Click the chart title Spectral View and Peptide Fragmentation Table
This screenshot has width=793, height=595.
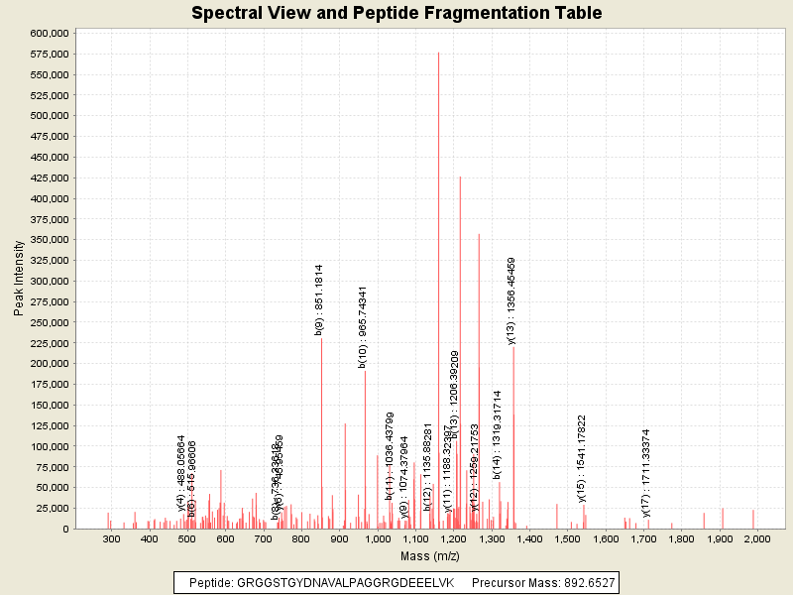pos(396,13)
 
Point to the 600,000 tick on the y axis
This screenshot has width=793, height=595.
pos(48,33)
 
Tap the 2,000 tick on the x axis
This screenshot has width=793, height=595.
pos(756,538)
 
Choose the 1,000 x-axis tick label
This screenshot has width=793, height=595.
pos(378,538)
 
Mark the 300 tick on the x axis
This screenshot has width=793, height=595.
pos(112,538)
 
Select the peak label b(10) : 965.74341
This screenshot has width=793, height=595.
pos(363,327)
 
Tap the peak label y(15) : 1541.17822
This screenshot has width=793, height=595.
pos(582,459)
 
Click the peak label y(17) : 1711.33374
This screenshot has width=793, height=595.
pos(646,473)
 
